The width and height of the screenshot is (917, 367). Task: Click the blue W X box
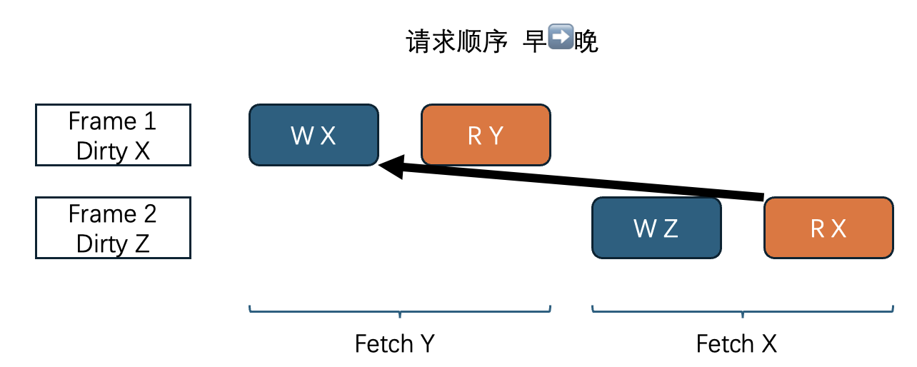tap(314, 135)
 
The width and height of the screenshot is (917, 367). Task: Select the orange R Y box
tap(486, 135)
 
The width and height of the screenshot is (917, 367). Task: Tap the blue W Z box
tap(656, 228)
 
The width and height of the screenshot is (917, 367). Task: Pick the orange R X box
tap(828, 228)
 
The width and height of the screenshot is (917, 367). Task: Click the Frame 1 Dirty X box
tap(113, 135)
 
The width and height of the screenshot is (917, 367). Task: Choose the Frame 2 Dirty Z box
tap(113, 228)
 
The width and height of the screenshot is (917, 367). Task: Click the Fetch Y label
tap(394, 344)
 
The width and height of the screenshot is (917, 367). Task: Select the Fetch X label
tap(736, 344)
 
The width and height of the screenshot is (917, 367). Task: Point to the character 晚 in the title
tap(586, 42)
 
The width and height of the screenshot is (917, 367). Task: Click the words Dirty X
tap(113, 151)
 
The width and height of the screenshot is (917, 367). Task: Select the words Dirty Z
tap(113, 243)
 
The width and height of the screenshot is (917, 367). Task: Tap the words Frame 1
tap(112, 121)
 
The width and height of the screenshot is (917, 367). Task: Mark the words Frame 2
tap(112, 213)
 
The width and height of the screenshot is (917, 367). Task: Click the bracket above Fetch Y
tap(400, 311)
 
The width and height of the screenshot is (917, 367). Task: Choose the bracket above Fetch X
tap(743, 311)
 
